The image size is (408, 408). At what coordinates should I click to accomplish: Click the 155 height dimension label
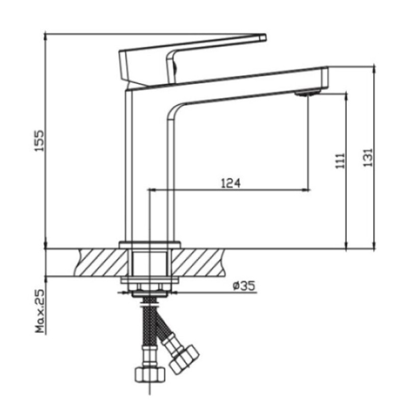(x=39, y=141)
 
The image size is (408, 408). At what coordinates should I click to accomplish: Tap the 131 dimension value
(x=368, y=158)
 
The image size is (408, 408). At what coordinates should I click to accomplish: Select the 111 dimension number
(x=340, y=161)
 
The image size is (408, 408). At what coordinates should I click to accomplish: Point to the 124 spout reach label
(x=231, y=183)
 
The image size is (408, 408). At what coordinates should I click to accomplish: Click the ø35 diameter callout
(x=244, y=286)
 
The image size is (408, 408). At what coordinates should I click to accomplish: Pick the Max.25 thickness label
(x=40, y=311)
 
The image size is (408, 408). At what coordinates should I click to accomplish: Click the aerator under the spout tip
(x=308, y=93)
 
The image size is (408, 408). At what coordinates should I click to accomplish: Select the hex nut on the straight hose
(x=150, y=374)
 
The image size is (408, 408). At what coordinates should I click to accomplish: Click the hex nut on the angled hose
(x=185, y=360)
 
